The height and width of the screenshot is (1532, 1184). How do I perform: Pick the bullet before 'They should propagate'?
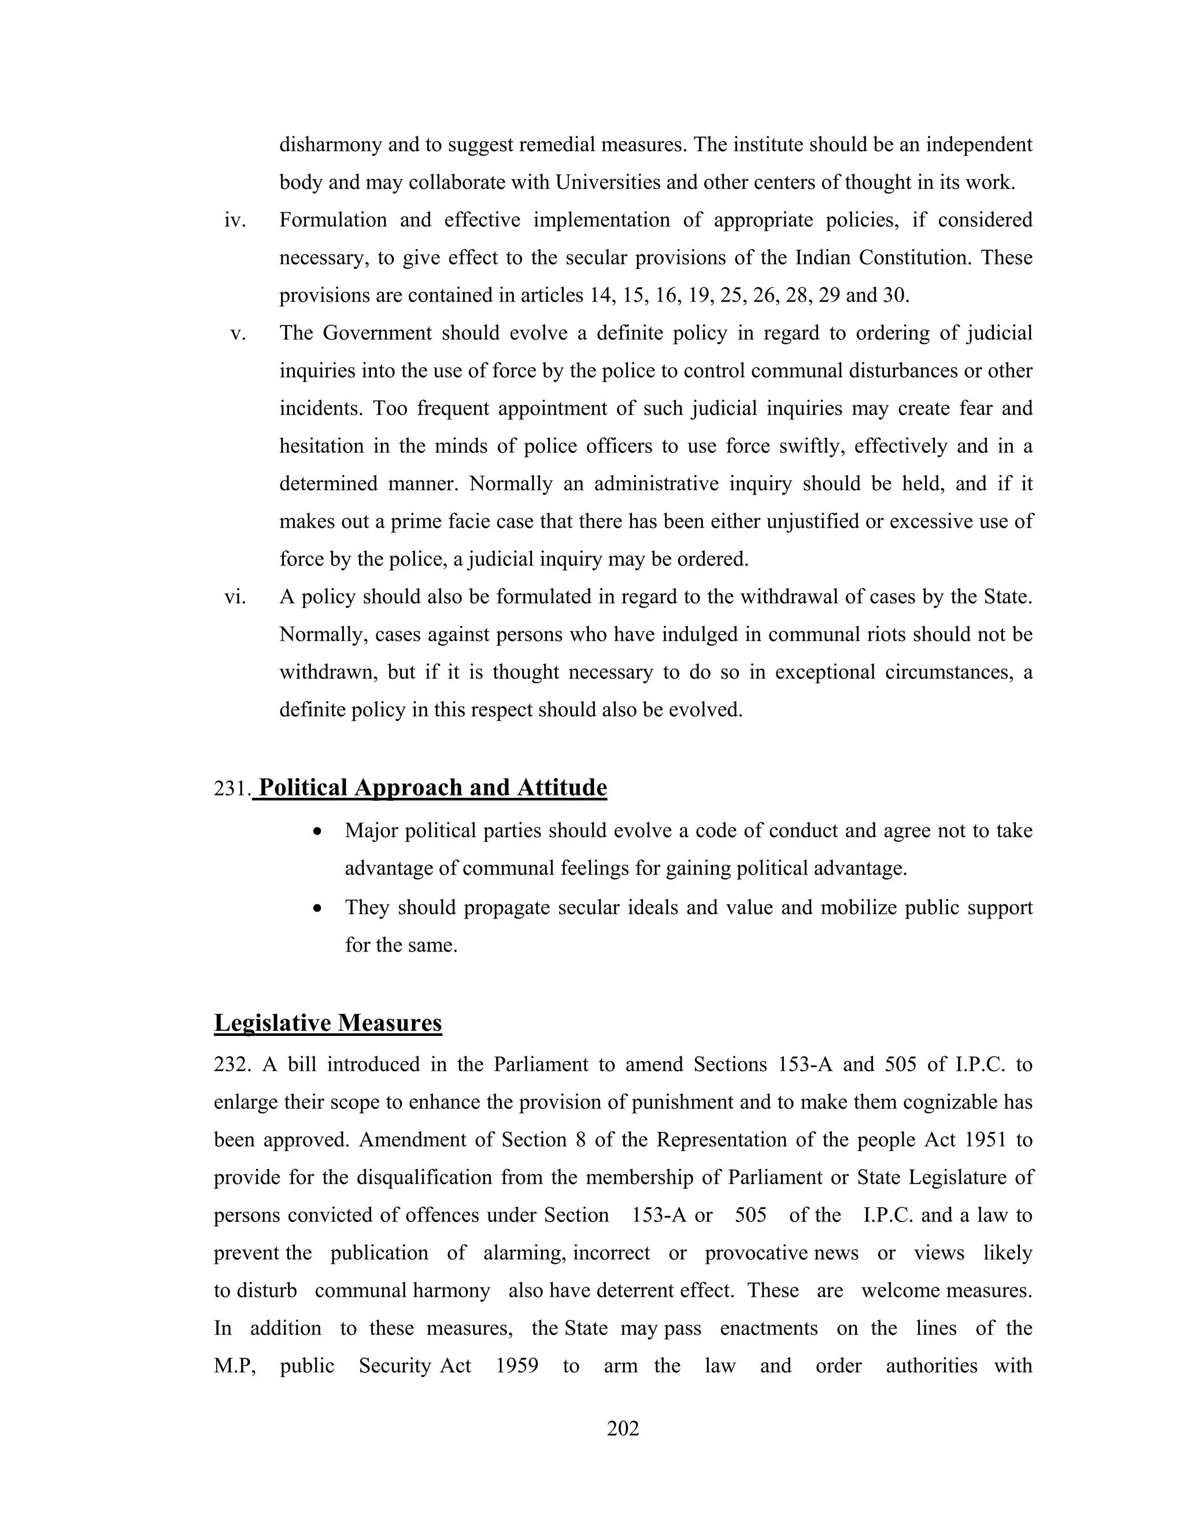(x=318, y=908)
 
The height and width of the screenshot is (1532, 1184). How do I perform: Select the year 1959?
(x=517, y=1366)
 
